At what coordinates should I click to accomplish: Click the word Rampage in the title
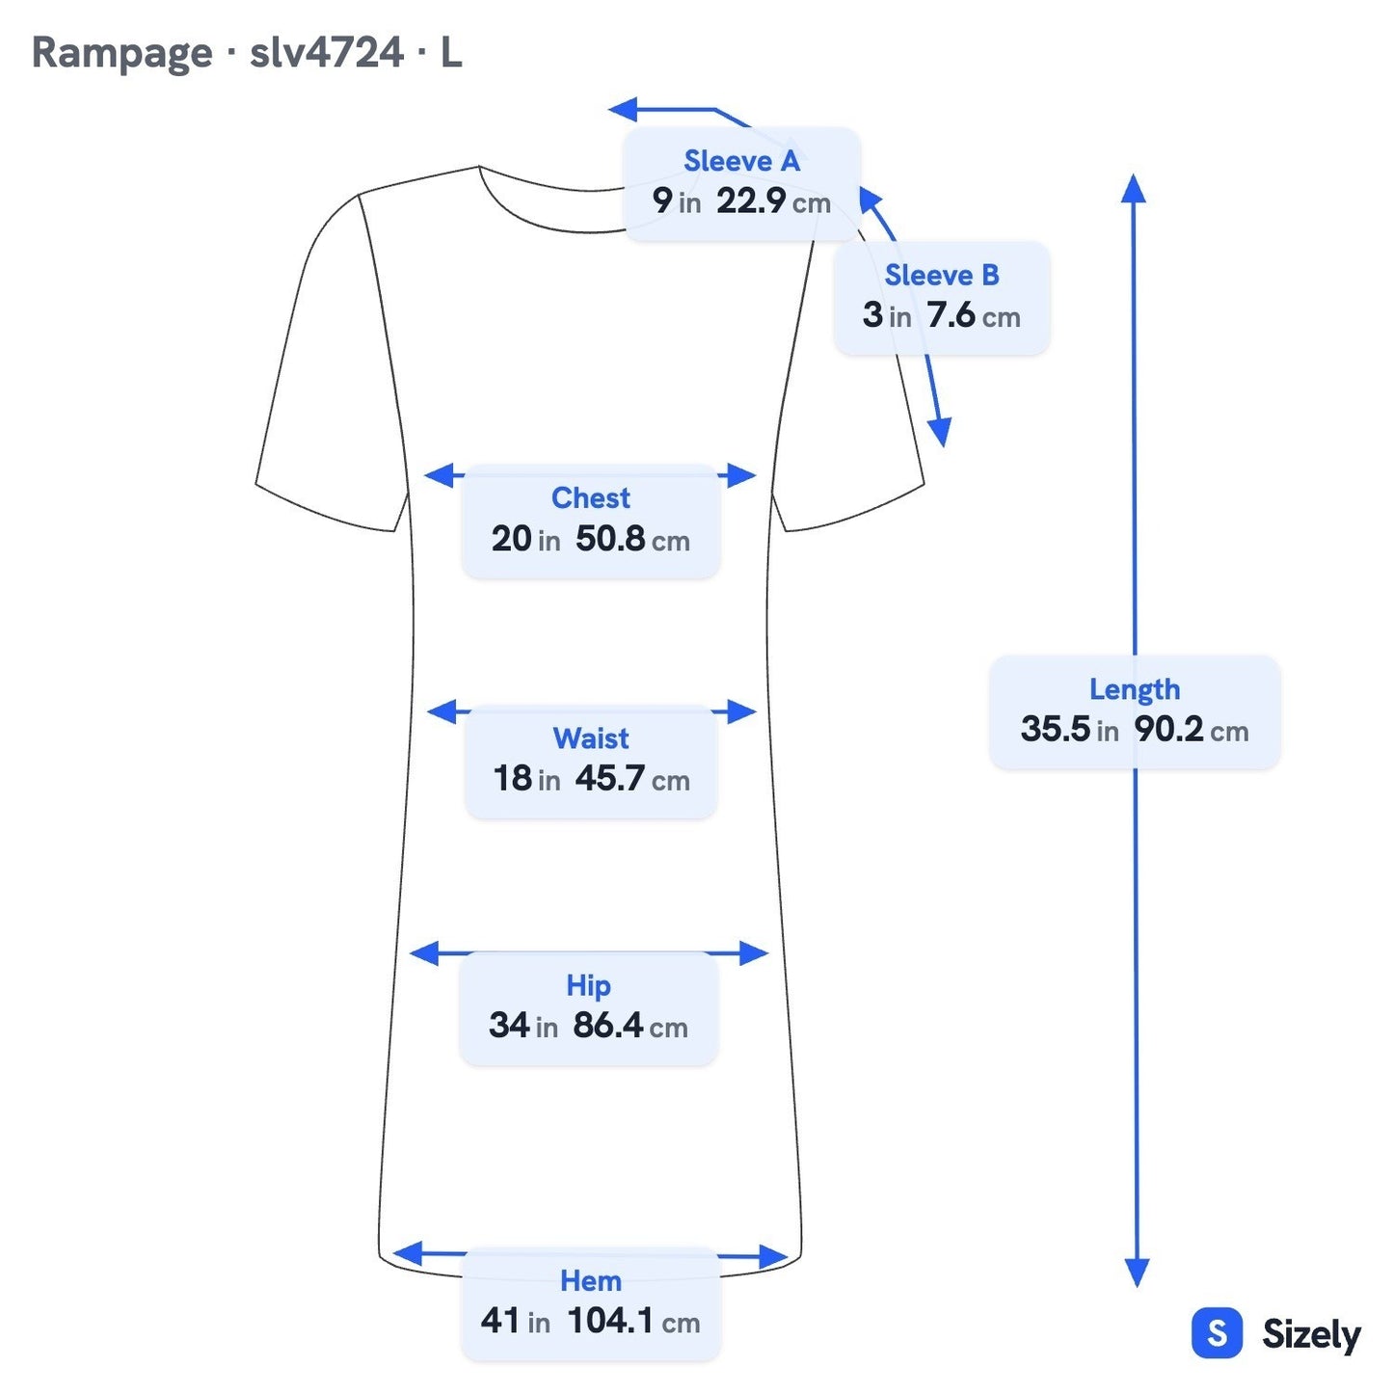point(122,54)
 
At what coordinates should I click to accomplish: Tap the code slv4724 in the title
point(327,52)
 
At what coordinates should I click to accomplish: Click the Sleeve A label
point(742,161)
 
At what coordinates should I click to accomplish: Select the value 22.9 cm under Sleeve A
point(773,201)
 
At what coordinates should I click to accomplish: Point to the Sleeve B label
point(942,276)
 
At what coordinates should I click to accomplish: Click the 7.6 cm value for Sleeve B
point(974,315)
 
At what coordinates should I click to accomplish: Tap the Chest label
point(591,498)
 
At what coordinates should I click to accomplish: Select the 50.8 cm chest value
point(632,539)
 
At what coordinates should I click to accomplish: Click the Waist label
point(591,738)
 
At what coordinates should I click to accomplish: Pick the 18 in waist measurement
point(527,779)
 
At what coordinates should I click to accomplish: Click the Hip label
point(588,985)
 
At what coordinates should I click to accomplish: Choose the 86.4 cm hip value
point(630,1026)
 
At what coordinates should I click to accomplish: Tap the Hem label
point(591,1281)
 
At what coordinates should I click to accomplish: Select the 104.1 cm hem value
point(634,1322)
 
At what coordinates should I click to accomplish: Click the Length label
point(1135,689)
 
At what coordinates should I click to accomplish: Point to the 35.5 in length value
point(1070,730)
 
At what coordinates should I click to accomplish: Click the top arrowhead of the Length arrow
point(1134,188)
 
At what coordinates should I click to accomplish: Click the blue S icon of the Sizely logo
point(1218,1333)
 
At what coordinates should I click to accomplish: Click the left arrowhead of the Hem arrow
point(408,1253)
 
